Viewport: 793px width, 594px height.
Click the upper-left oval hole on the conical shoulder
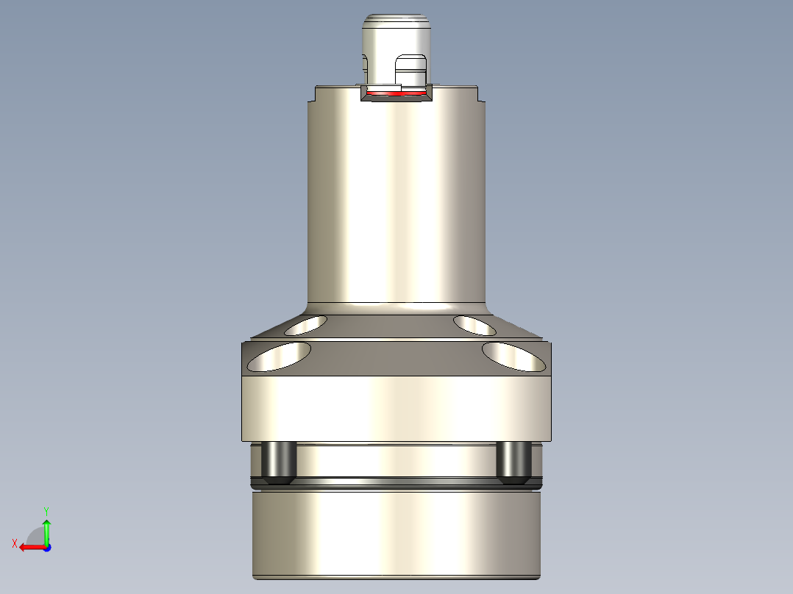tap(306, 325)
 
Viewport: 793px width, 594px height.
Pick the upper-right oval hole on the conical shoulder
tap(475, 324)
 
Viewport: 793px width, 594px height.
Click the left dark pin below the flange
tap(280, 462)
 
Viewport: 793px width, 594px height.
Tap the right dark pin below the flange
tap(513, 462)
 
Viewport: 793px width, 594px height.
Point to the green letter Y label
tap(46, 509)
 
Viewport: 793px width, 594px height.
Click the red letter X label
tap(14, 544)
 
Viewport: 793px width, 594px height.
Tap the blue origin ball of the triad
tap(46, 547)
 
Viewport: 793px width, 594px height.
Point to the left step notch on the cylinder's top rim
tap(312, 94)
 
